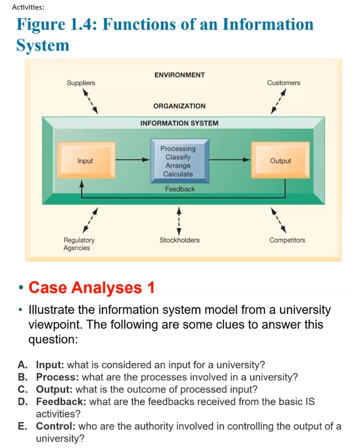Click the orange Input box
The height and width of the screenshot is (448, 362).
86,161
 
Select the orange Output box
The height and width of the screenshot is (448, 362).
280,161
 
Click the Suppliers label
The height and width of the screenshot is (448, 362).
81,83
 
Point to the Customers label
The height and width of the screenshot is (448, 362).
283,83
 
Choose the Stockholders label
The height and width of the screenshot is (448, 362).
179,240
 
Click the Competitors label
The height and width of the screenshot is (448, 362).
287,240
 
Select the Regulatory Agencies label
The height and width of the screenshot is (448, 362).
79,244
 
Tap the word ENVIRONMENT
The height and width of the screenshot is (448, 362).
179,75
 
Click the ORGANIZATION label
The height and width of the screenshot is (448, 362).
179,106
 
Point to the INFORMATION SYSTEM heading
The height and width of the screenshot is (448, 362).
179,123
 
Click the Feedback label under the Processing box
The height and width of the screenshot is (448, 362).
180,189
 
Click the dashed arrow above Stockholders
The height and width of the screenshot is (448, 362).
179,220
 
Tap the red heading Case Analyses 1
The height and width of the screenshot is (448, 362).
92,288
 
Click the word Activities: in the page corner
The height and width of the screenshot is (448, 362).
28,7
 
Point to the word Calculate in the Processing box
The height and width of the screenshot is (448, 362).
178,174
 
